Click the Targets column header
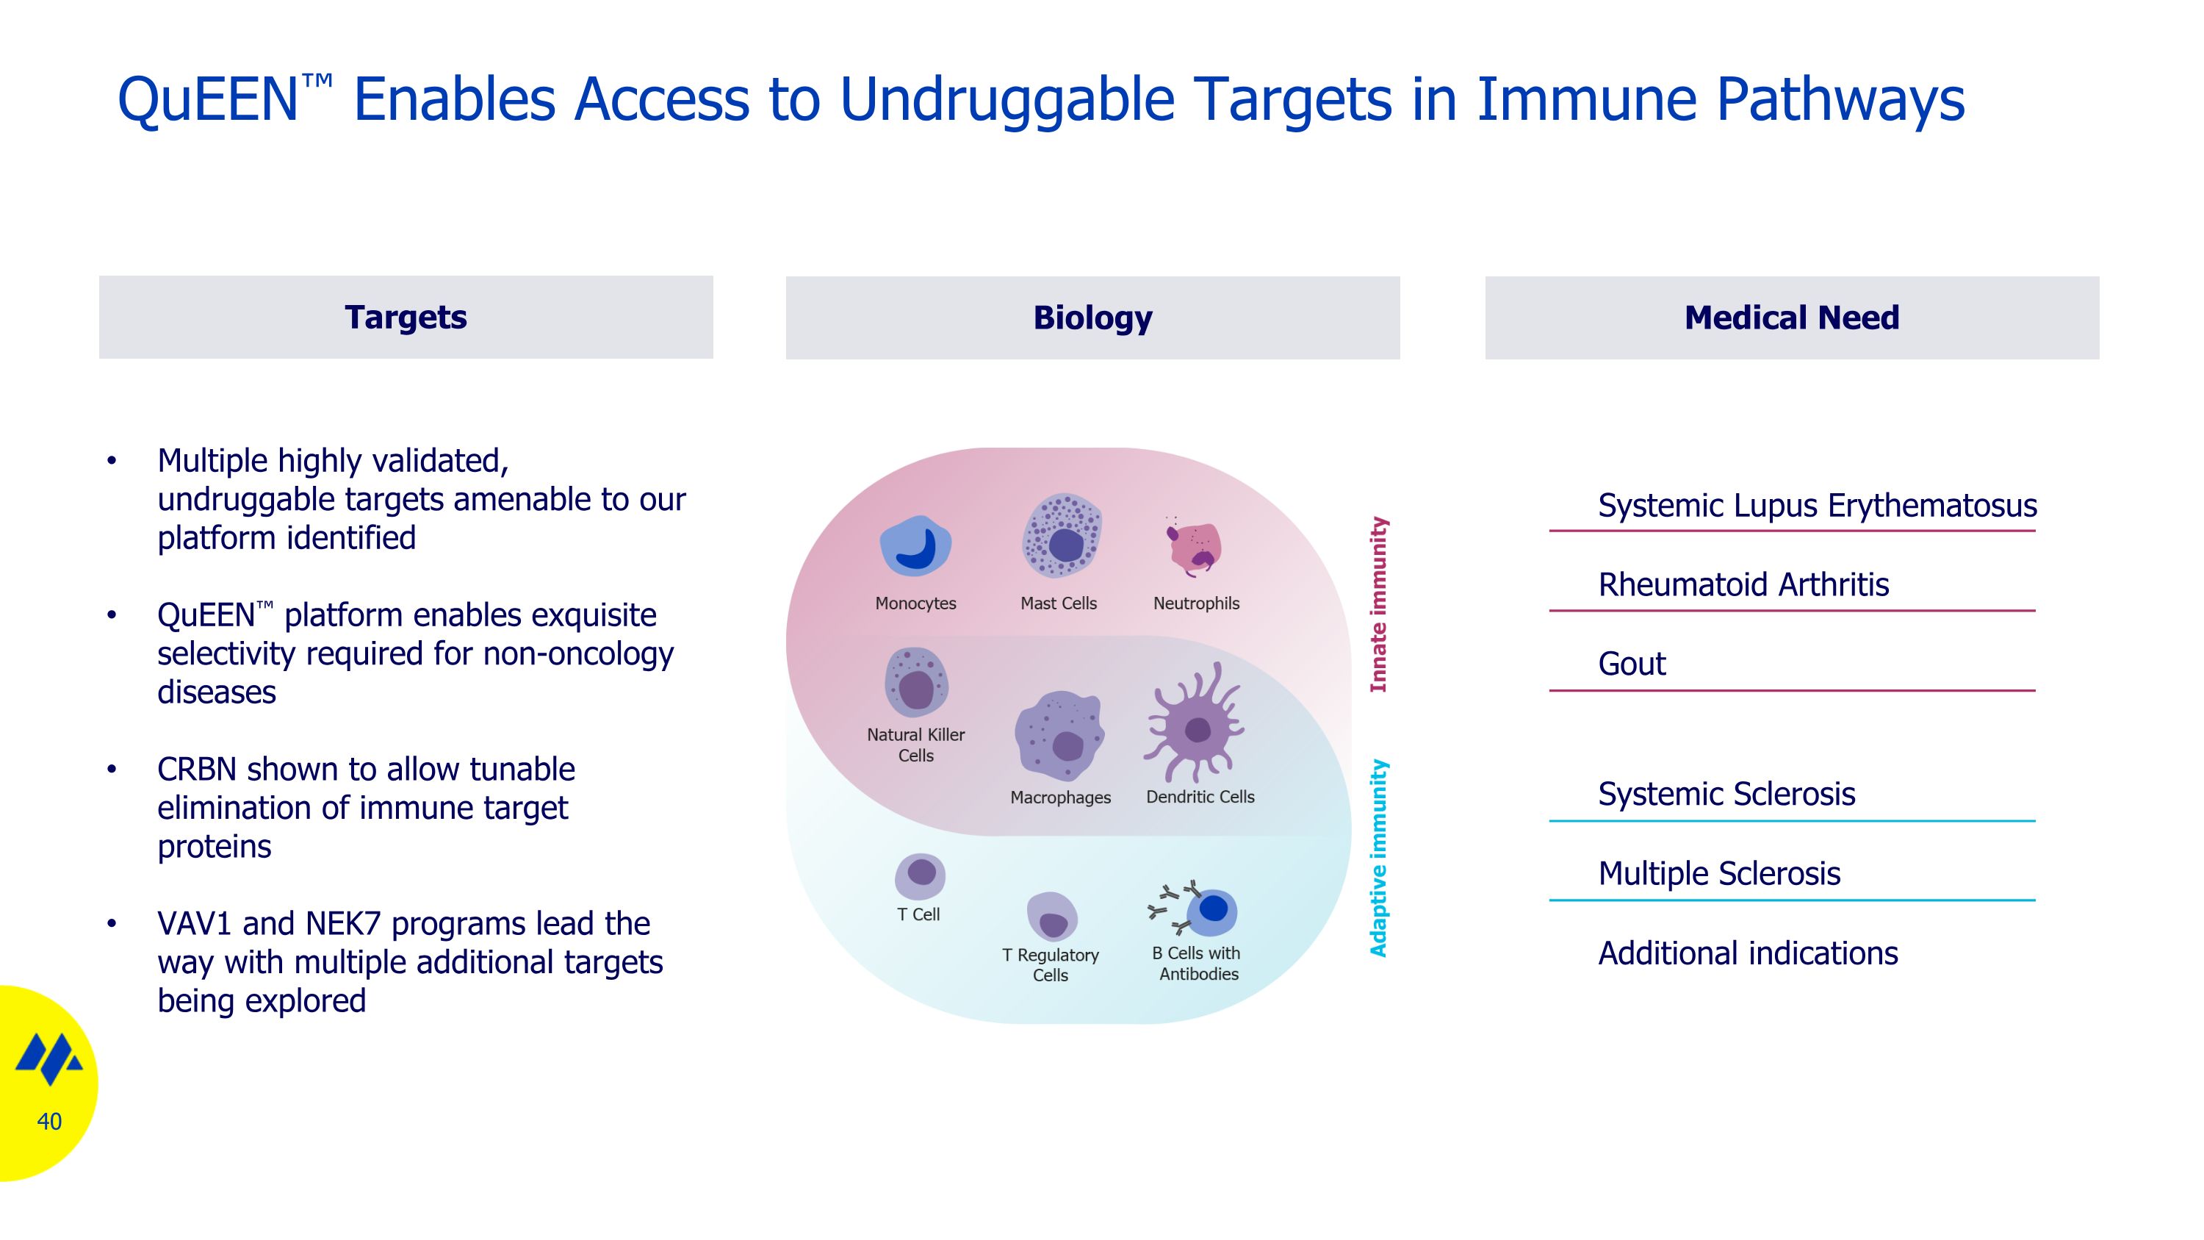coord(406,317)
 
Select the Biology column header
coord(1092,318)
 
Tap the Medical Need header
coord(1792,318)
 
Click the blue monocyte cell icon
coord(915,546)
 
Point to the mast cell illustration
coord(1062,536)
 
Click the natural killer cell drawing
coord(915,682)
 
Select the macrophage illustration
coord(1059,736)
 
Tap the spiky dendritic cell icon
coord(1195,724)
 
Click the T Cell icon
coord(920,875)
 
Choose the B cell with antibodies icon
coord(1195,908)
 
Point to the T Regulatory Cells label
coord(1051,964)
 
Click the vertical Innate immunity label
coord(1378,604)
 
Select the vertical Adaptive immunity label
coord(1378,859)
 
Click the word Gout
coord(1632,664)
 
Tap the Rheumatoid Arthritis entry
coord(1743,584)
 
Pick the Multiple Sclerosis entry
coord(1719,874)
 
